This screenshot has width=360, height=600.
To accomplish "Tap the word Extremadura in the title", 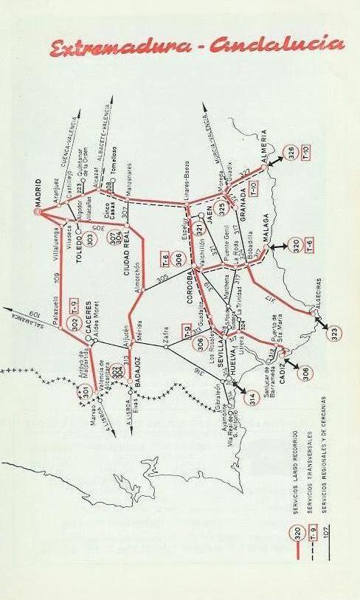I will click(x=111, y=48).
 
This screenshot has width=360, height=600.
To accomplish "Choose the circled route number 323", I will click(x=336, y=332).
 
